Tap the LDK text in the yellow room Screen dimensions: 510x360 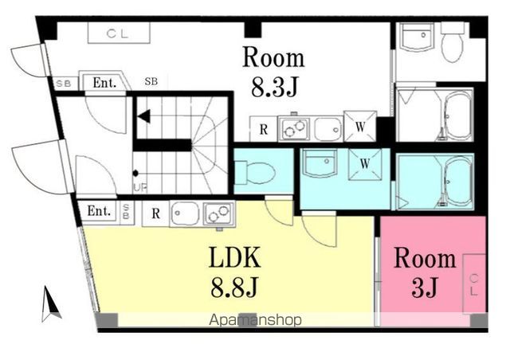coord(234,257)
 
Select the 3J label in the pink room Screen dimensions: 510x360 coord(424,288)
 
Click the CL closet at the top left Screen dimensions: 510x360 coord(119,33)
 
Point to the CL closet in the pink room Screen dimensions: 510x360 coord(474,284)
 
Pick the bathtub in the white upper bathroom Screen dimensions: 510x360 coord(456,115)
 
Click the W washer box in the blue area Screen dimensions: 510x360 coord(365,164)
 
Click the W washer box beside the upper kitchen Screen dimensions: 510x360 coord(360,127)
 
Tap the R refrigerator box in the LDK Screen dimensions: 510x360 coord(156,213)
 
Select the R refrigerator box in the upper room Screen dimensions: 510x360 coord(264,129)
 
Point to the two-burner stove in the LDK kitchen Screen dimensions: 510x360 coord(219,213)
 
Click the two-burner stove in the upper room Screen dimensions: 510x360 coord(294,129)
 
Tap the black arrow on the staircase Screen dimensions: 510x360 coord(144,116)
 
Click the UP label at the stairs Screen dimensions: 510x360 coord(140,187)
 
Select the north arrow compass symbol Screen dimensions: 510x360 coord(51,303)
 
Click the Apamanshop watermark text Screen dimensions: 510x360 coord(255,320)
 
